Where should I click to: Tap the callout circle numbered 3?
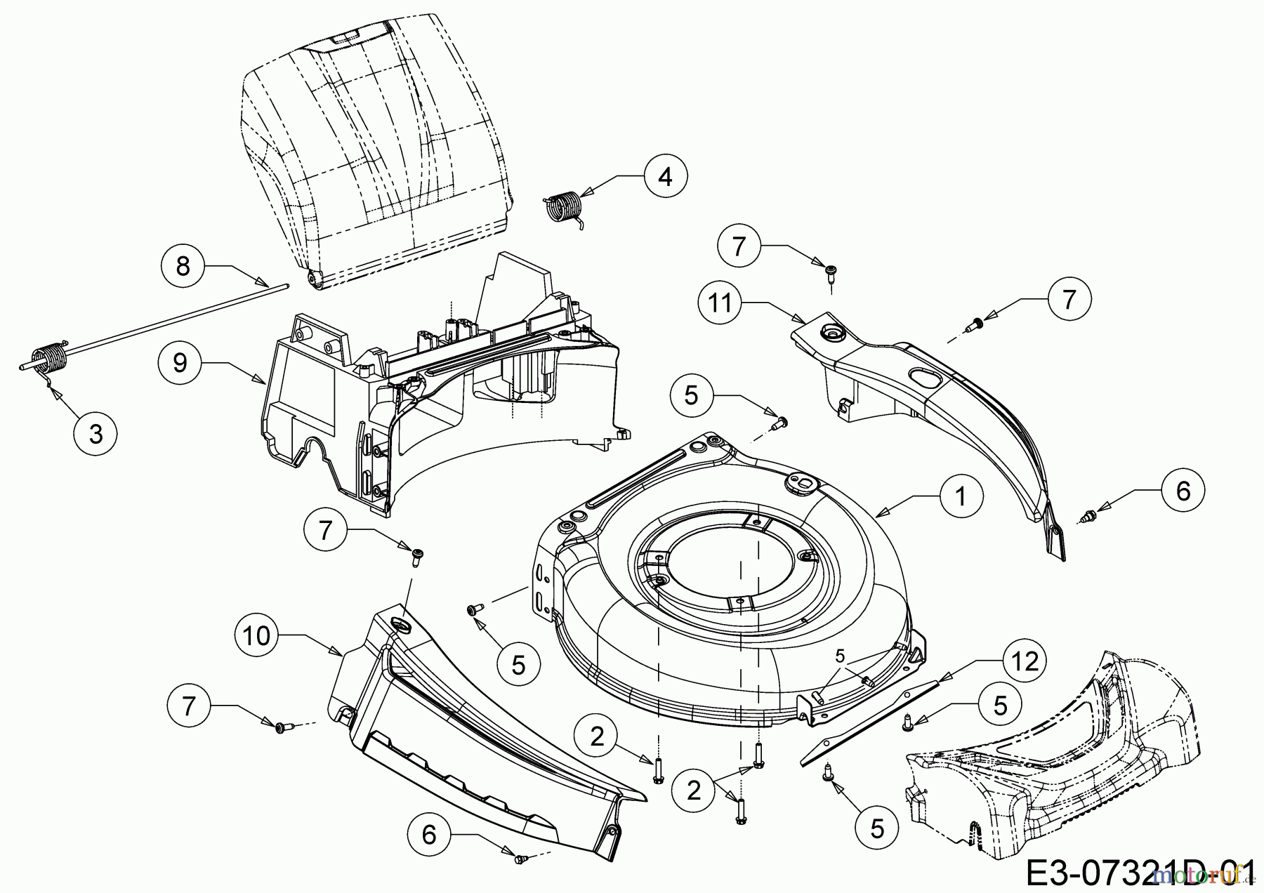[96, 434]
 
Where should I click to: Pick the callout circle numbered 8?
[183, 266]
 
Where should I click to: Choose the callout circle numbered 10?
[258, 636]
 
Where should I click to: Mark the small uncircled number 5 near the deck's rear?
[840, 656]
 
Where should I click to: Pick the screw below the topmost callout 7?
[830, 272]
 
